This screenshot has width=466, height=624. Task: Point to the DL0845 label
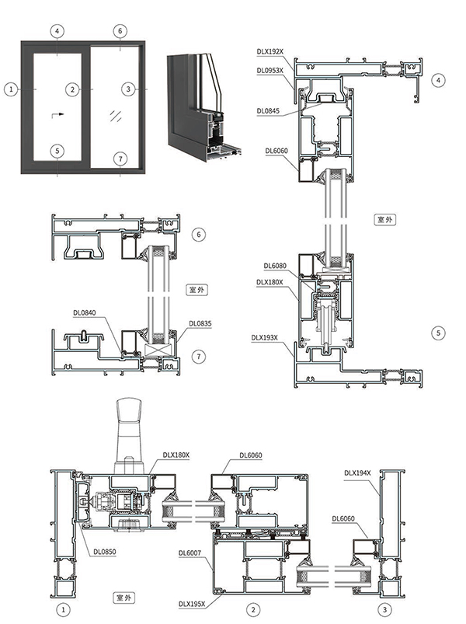pyautogui.click(x=268, y=111)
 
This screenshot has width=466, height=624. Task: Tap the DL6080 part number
pyautogui.click(x=276, y=266)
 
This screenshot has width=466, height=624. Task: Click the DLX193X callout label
pyautogui.click(x=266, y=338)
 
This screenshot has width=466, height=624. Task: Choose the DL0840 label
pyautogui.click(x=84, y=313)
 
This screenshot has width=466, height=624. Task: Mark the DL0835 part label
pyautogui.click(x=200, y=323)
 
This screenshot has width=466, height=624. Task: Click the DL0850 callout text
pyautogui.click(x=104, y=553)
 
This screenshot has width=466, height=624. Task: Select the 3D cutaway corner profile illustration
pyautogui.click(x=204, y=105)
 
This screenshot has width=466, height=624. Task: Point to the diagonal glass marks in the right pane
pyautogui.click(x=116, y=117)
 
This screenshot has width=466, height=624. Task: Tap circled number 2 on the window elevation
pyautogui.click(x=72, y=89)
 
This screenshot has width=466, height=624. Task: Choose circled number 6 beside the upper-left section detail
pyautogui.click(x=198, y=234)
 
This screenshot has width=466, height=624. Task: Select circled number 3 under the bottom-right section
pyautogui.click(x=383, y=609)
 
